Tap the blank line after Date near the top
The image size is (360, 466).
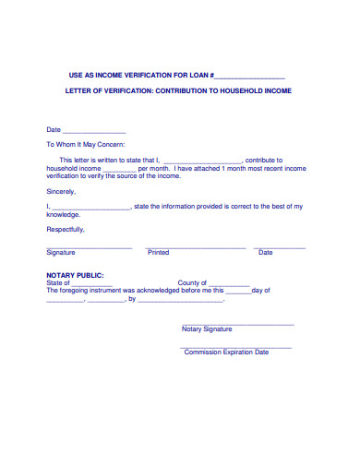click(93, 130)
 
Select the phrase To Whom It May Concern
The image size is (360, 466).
click(85, 145)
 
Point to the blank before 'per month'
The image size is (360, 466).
click(119, 169)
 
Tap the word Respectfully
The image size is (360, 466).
click(66, 229)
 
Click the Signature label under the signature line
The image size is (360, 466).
click(61, 252)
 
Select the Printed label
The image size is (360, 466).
click(159, 252)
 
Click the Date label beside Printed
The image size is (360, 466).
click(265, 252)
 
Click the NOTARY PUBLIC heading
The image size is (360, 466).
click(76, 275)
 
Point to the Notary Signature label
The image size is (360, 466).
click(207, 329)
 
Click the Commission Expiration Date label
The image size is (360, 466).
click(226, 352)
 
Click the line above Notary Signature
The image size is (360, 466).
click(237, 324)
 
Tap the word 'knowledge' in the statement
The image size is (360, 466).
click(64, 214)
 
